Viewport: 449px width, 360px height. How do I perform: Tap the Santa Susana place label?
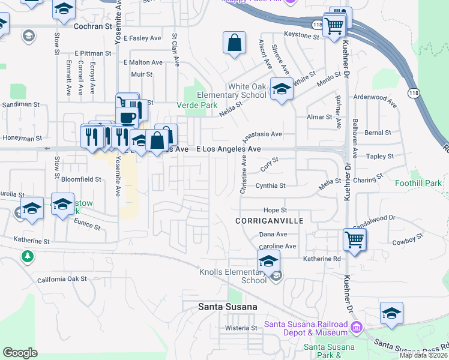(x=228, y=307)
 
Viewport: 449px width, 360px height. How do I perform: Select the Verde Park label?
(x=196, y=105)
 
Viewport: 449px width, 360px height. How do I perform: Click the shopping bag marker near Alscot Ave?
(x=234, y=43)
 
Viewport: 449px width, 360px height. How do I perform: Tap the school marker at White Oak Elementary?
(x=281, y=89)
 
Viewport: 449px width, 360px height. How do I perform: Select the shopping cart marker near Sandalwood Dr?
(x=355, y=239)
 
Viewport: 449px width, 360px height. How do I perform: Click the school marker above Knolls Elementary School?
(x=268, y=261)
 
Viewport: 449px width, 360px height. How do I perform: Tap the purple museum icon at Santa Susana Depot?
(x=357, y=328)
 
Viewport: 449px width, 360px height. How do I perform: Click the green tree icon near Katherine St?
(x=26, y=257)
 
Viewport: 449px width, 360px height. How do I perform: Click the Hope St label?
(x=276, y=211)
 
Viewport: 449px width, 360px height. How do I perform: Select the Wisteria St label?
(x=241, y=328)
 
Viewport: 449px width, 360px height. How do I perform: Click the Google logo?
(x=20, y=353)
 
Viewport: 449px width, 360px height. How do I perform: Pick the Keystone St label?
(x=301, y=36)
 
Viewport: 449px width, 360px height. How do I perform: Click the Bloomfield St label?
(x=81, y=179)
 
